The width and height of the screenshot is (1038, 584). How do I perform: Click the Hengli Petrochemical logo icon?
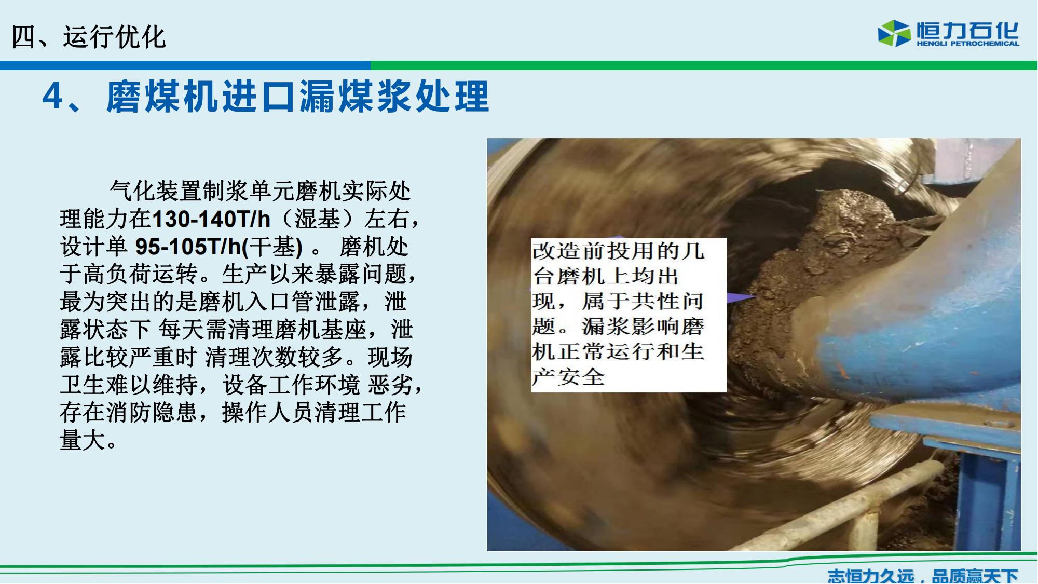[x=894, y=33]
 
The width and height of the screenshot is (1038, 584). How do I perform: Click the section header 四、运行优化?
[x=89, y=37]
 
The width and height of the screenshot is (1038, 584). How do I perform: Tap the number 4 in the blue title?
[x=52, y=96]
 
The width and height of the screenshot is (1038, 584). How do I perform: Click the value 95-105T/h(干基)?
[x=218, y=247]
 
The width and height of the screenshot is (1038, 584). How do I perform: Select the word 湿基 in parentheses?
[x=317, y=219]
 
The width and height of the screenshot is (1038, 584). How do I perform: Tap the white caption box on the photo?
[x=629, y=315]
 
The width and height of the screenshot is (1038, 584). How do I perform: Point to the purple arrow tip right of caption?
[x=754, y=297]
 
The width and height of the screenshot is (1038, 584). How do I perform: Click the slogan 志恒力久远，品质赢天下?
[x=922, y=575]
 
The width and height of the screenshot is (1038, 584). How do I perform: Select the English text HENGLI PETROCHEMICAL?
[x=968, y=44]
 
